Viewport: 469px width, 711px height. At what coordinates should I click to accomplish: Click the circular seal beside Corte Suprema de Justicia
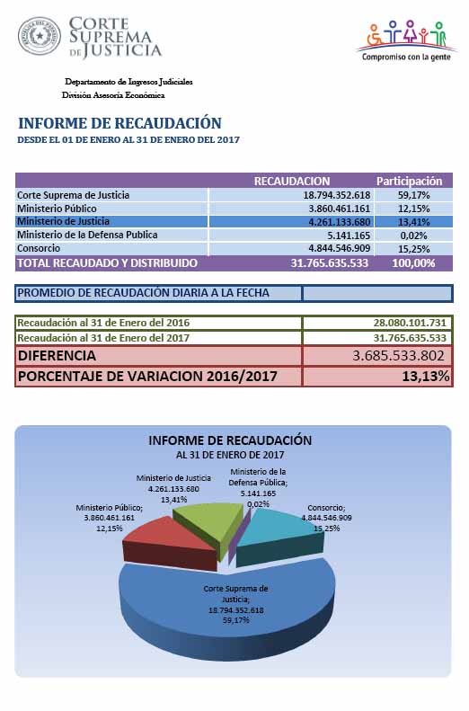[40, 36]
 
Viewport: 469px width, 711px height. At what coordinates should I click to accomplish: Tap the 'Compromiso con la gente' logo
[406, 40]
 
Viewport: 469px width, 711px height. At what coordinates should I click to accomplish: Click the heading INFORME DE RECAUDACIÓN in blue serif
[119, 123]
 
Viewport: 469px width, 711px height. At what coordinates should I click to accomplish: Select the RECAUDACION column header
[292, 181]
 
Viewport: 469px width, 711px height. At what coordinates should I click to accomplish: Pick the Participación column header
[409, 181]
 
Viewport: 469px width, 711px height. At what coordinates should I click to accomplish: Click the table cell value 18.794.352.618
[337, 195]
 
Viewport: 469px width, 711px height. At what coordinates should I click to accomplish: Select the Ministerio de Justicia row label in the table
[63, 221]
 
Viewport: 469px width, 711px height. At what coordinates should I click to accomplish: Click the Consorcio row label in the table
[39, 248]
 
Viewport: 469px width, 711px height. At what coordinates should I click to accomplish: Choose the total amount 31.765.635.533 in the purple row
[330, 263]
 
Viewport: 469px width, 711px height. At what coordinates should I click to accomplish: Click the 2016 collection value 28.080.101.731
[410, 323]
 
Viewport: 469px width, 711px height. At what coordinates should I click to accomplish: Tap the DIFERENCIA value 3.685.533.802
[398, 356]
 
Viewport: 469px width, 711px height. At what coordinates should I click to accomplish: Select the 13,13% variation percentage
[426, 376]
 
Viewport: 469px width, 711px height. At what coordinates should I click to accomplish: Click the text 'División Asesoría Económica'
[113, 95]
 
